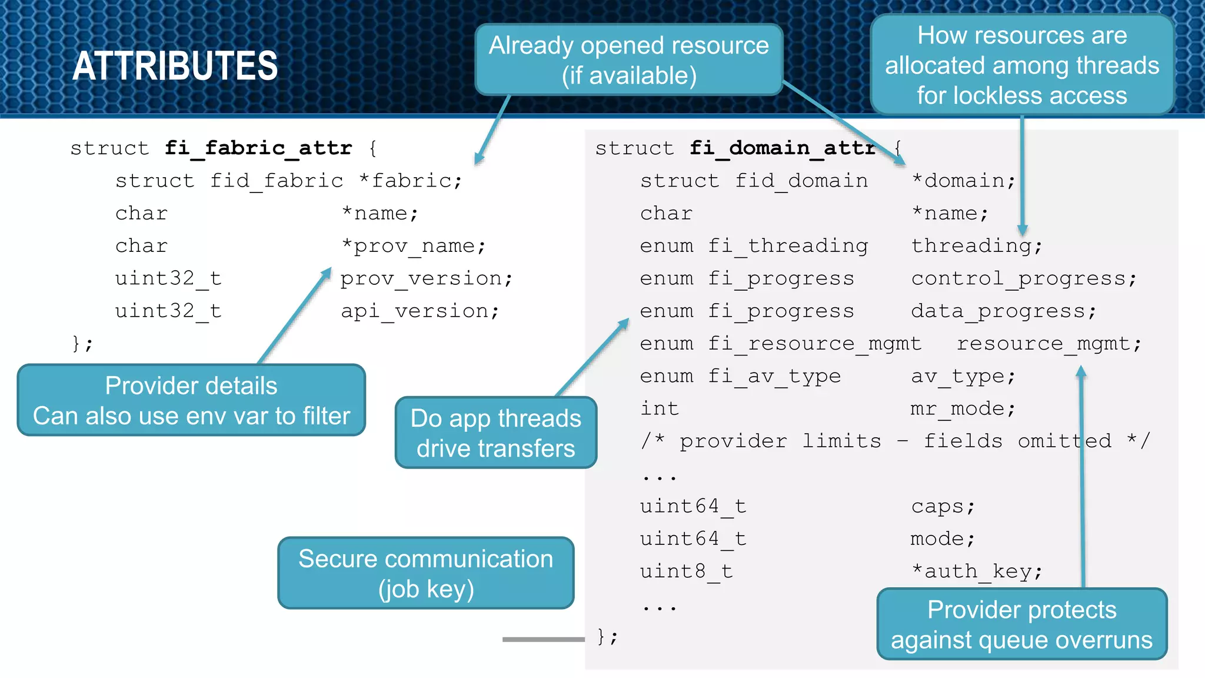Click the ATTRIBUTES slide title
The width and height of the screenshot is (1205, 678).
pos(175,66)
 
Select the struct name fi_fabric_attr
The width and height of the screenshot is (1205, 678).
pos(258,148)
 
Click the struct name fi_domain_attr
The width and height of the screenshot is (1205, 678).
pos(783,148)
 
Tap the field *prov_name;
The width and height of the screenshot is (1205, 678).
pos(414,246)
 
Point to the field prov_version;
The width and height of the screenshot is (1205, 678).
pos(427,278)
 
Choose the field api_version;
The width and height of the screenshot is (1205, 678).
pos(420,311)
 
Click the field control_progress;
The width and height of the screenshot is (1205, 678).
pos(1024,278)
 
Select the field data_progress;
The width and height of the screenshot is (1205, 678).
pos(1004,311)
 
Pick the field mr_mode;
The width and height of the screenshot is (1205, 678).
pos(963,408)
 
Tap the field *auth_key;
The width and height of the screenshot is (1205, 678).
pos(977,571)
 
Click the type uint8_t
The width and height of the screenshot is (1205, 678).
pos(686,571)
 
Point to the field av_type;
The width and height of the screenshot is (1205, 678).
pos(963,376)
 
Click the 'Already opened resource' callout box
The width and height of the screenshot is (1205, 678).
pos(628,60)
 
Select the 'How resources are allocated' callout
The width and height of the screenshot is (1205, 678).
pos(1022,65)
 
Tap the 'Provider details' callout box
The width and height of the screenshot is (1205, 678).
pos(191,400)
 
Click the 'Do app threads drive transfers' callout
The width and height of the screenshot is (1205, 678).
pos(496,433)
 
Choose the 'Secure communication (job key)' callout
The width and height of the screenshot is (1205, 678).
pos(425,573)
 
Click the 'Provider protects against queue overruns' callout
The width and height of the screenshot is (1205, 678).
pos(1021,624)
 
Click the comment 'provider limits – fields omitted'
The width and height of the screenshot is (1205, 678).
pos(895,441)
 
